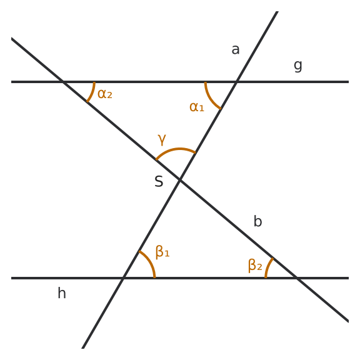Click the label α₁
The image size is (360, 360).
pos(197,107)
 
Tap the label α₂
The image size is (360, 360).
pos(105,94)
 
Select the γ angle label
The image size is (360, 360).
pos(162,139)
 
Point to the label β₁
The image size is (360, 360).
pos(162,252)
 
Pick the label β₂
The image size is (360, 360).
pos(255,266)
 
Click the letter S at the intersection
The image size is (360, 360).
pos(159,181)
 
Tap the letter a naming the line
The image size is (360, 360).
pos(236,49)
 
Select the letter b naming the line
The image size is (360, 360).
pos(257,221)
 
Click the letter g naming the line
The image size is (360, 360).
pos(298,66)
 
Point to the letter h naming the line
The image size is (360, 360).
pos(62,293)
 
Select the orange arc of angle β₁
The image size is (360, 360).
pos(150,261)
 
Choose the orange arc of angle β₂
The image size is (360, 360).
pos(267,267)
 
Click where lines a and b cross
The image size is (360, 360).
pos(180,180)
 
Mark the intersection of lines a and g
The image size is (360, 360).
pos(237,82)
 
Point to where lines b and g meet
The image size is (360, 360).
pos(63,82)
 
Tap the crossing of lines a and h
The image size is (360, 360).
pos(123,278)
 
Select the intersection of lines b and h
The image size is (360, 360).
pos(297,278)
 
